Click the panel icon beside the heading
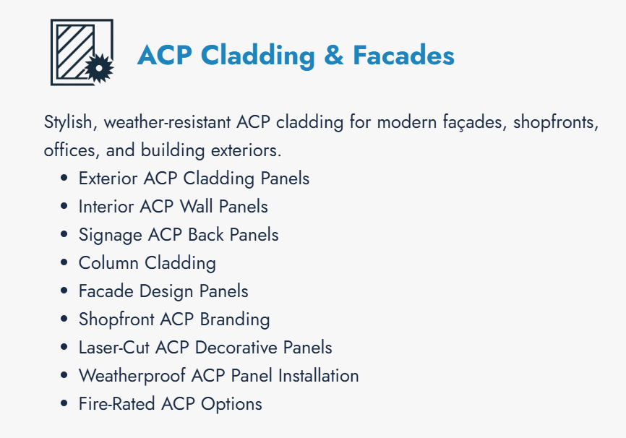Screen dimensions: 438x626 81,52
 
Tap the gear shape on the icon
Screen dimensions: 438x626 100,69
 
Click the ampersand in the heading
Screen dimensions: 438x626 334,56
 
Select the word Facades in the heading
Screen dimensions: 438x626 403,56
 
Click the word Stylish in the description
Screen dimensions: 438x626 69,122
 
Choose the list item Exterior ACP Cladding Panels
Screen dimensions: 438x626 194,179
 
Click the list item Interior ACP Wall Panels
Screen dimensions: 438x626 173,207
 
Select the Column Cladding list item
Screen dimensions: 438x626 147,263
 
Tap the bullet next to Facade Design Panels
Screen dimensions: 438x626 64,292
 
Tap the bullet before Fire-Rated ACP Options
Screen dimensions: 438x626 64,405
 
